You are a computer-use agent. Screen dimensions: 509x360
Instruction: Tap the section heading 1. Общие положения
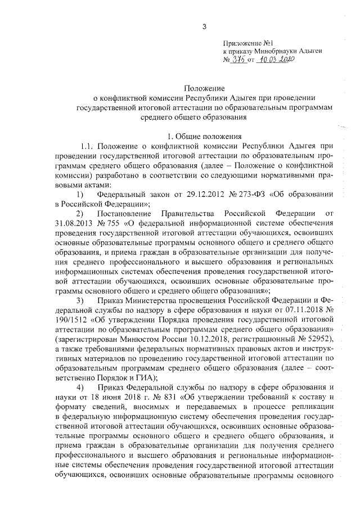[x=205, y=137]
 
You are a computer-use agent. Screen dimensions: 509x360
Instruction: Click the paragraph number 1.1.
[x=90, y=147]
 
